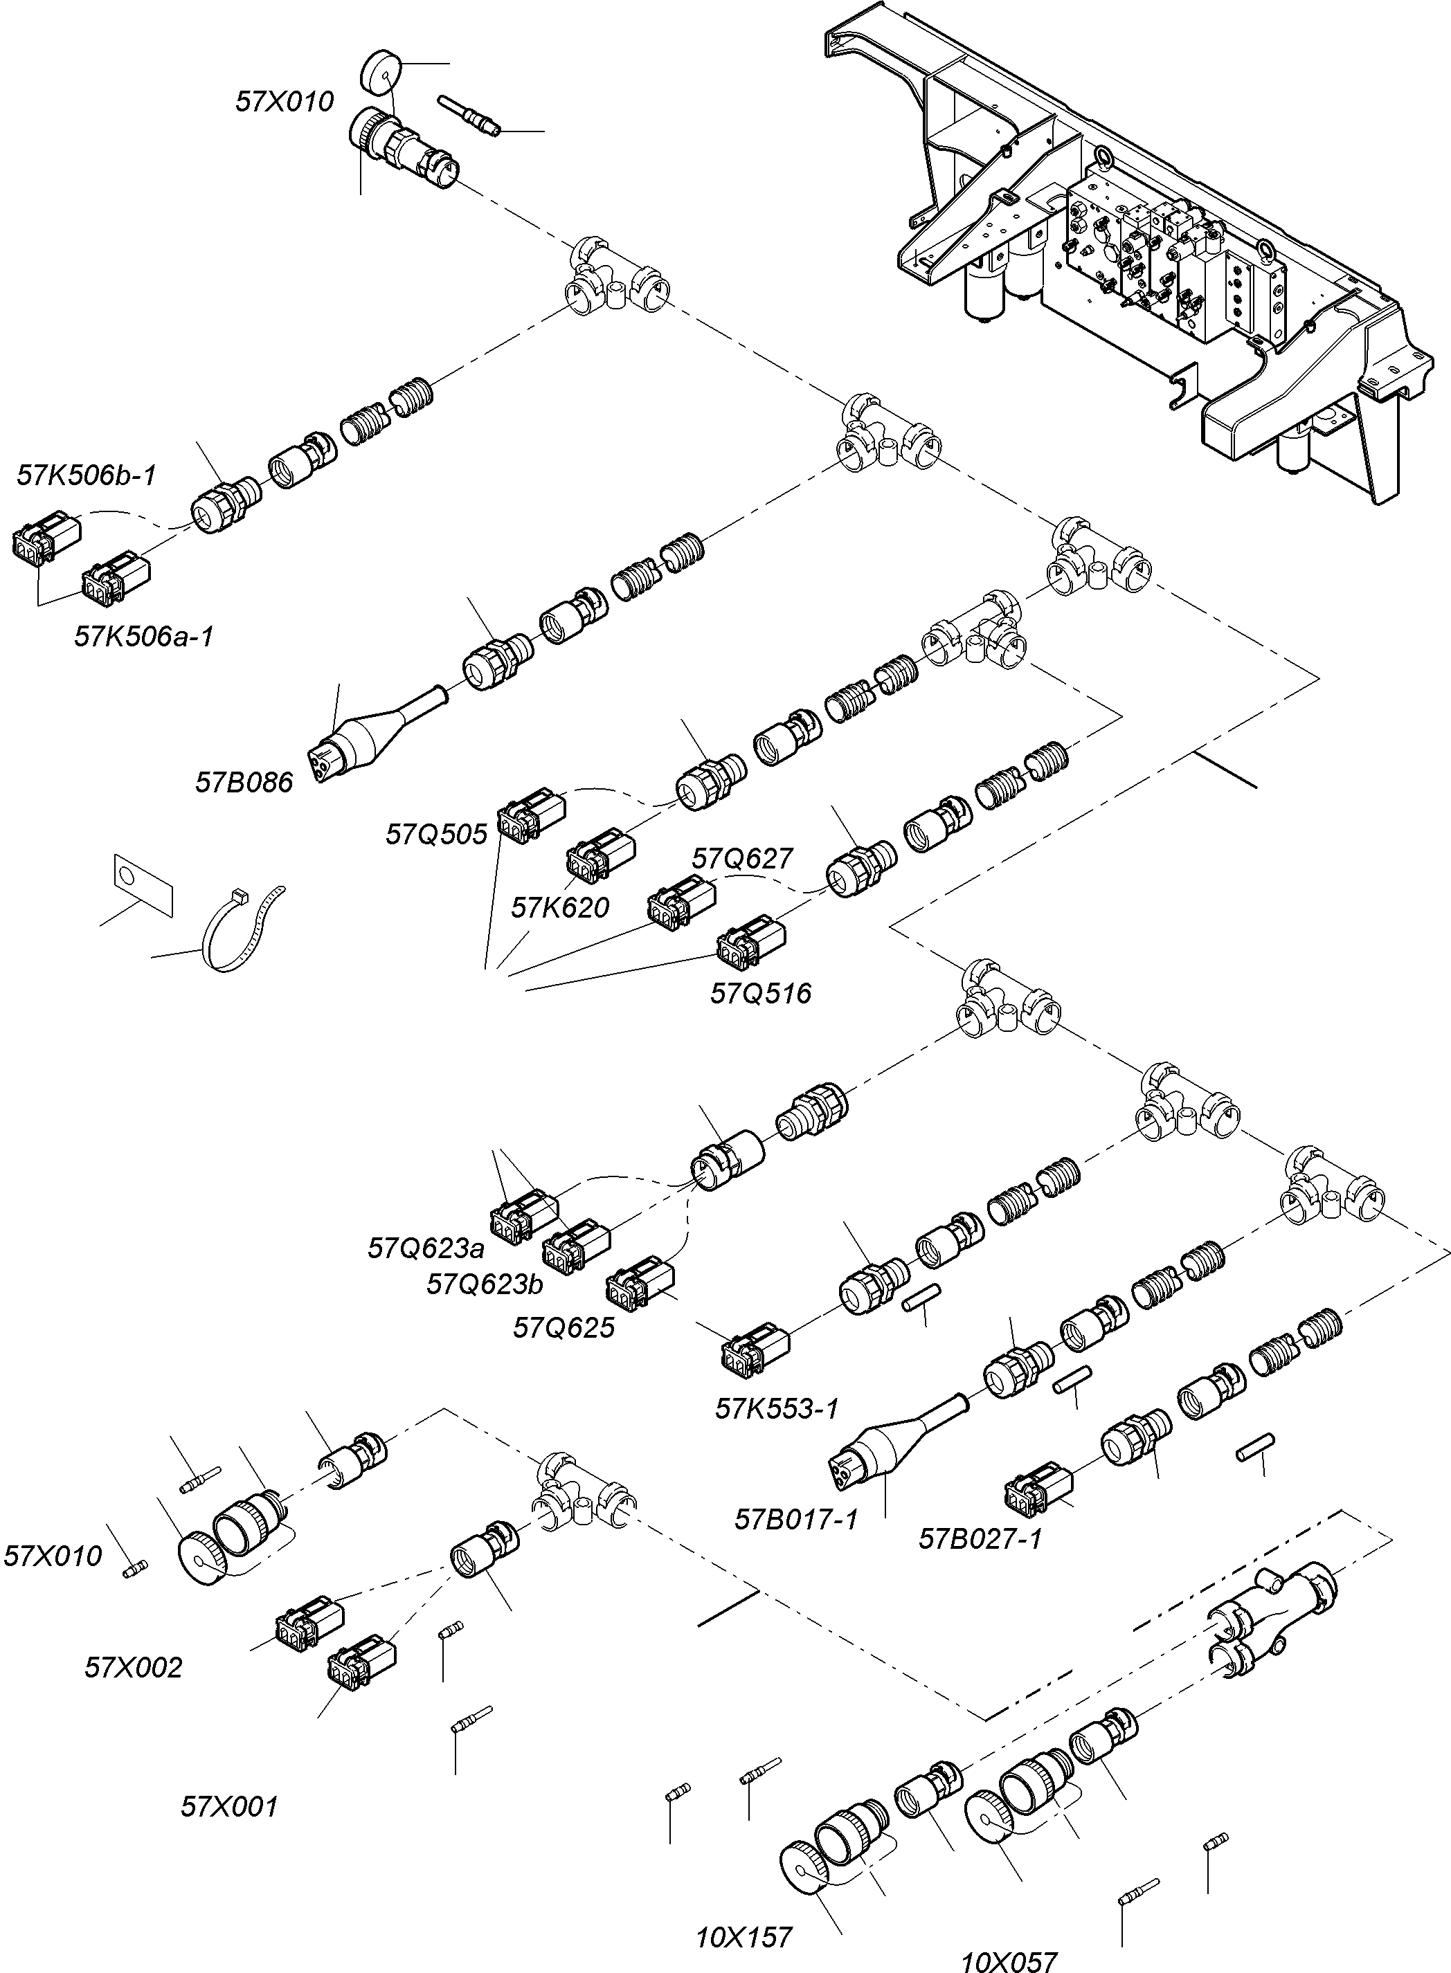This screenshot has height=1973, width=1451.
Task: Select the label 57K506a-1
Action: (144, 637)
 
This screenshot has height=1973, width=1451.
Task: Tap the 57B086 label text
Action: (243, 783)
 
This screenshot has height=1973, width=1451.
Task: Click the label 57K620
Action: (559, 908)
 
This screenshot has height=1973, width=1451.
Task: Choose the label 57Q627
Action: (742, 858)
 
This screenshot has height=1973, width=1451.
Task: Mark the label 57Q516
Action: (761, 993)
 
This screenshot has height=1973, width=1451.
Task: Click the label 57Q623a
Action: (426, 1248)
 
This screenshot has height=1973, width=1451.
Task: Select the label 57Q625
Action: (564, 1327)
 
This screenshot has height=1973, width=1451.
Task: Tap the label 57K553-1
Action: (777, 1408)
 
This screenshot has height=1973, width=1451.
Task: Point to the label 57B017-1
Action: (796, 1519)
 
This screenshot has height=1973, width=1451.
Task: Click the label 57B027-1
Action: (980, 1539)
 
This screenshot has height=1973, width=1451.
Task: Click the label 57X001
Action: (229, 1807)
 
